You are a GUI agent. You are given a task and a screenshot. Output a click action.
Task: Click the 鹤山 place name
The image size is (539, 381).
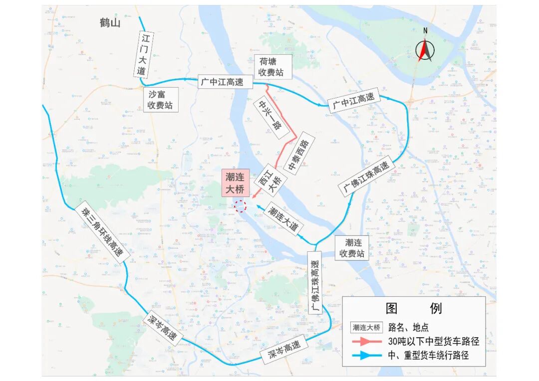click(110, 23)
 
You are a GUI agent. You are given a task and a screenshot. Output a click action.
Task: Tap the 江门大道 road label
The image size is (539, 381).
click(143, 55)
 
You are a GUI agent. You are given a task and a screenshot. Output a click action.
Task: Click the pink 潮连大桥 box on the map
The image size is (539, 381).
click(236, 183)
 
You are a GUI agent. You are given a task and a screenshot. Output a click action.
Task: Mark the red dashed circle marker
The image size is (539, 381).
click(241, 205)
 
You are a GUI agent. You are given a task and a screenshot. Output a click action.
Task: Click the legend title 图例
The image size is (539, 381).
click(414, 308)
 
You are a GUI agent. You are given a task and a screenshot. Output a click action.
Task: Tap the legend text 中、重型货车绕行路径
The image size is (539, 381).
click(428, 356)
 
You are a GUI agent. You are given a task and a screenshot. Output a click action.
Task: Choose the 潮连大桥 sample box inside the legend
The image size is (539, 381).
click(367, 327)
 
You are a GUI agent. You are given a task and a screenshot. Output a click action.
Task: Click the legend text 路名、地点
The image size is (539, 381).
click(408, 327)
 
